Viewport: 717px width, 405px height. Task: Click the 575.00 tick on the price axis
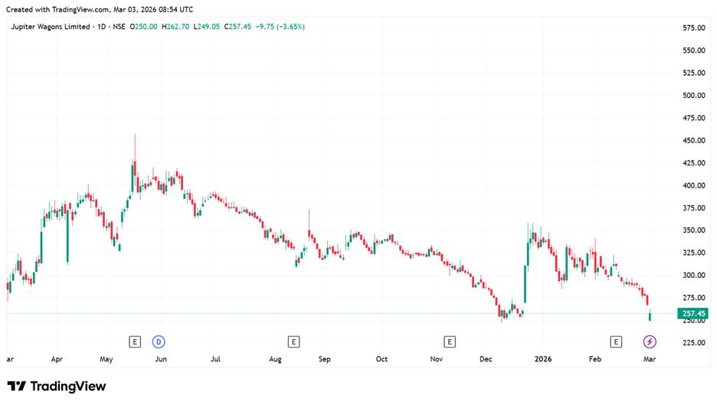tap(693, 28)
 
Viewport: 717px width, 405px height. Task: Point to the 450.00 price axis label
tap(693, 141)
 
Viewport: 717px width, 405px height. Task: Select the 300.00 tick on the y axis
tap(693, 276)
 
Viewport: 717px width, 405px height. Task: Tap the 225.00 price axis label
tap(693, 343)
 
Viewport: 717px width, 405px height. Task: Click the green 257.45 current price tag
tap(692, 314)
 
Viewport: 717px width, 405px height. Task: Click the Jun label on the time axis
tap(161, 358)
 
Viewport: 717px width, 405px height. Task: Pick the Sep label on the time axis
tap(324, 358)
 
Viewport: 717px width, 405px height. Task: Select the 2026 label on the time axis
tap(543, 358)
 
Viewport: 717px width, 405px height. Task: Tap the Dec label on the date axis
tap(486, 358)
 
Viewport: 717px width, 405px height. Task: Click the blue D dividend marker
tap(159, 341)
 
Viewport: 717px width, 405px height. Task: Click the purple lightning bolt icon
tap(650, 341)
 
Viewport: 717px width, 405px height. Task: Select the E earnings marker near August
tap(293, 341)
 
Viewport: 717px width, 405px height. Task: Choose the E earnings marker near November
tap(450, 341)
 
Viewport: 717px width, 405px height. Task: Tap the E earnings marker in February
tap(616, 341)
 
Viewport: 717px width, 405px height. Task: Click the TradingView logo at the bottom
tap(57, 387)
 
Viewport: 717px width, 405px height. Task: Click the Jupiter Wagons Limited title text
tap(47, 27)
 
